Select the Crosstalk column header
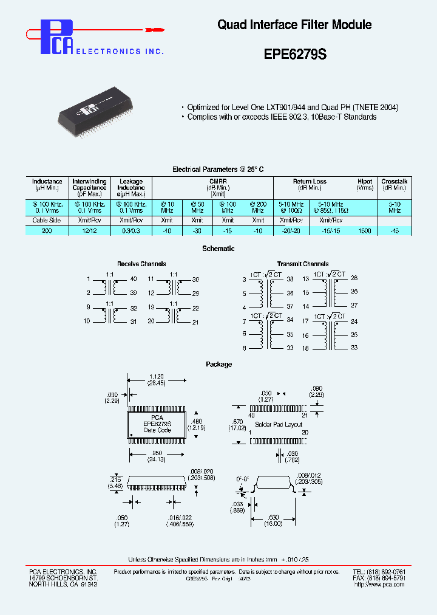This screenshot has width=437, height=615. pyautogui.click(x=395, y=181)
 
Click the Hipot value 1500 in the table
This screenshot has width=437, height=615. pyautogui.click(x=364, y=231)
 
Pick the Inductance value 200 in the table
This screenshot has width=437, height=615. pyautogui.click(x=47, y=231)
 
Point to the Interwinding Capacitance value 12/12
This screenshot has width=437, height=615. pyautogui.click(x=89, y=231)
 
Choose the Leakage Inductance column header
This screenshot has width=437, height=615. pyautogui.click(x=131, y=185)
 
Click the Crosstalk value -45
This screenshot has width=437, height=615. pyautogui.click(x=395, y=231)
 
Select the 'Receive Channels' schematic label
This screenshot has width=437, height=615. pyautogui.click(x=141, y=264)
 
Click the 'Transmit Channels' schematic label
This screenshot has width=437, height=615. pyautogui.click(x=303, y=264)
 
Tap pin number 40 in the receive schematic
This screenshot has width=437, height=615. pyautogui.click(x=134, y=279)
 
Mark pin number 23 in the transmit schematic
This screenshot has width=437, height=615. pyautogui.click(x=354, y=348)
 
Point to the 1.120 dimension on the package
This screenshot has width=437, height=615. pyautogui.click(x=157, y=377)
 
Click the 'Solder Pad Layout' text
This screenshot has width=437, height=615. pyautogui.click(x=279, y=424)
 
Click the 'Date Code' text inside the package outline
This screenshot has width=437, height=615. pyautogui.click(x=157, y=430)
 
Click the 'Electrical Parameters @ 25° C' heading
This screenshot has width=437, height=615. pyautogui.click(x=218, y=169)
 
